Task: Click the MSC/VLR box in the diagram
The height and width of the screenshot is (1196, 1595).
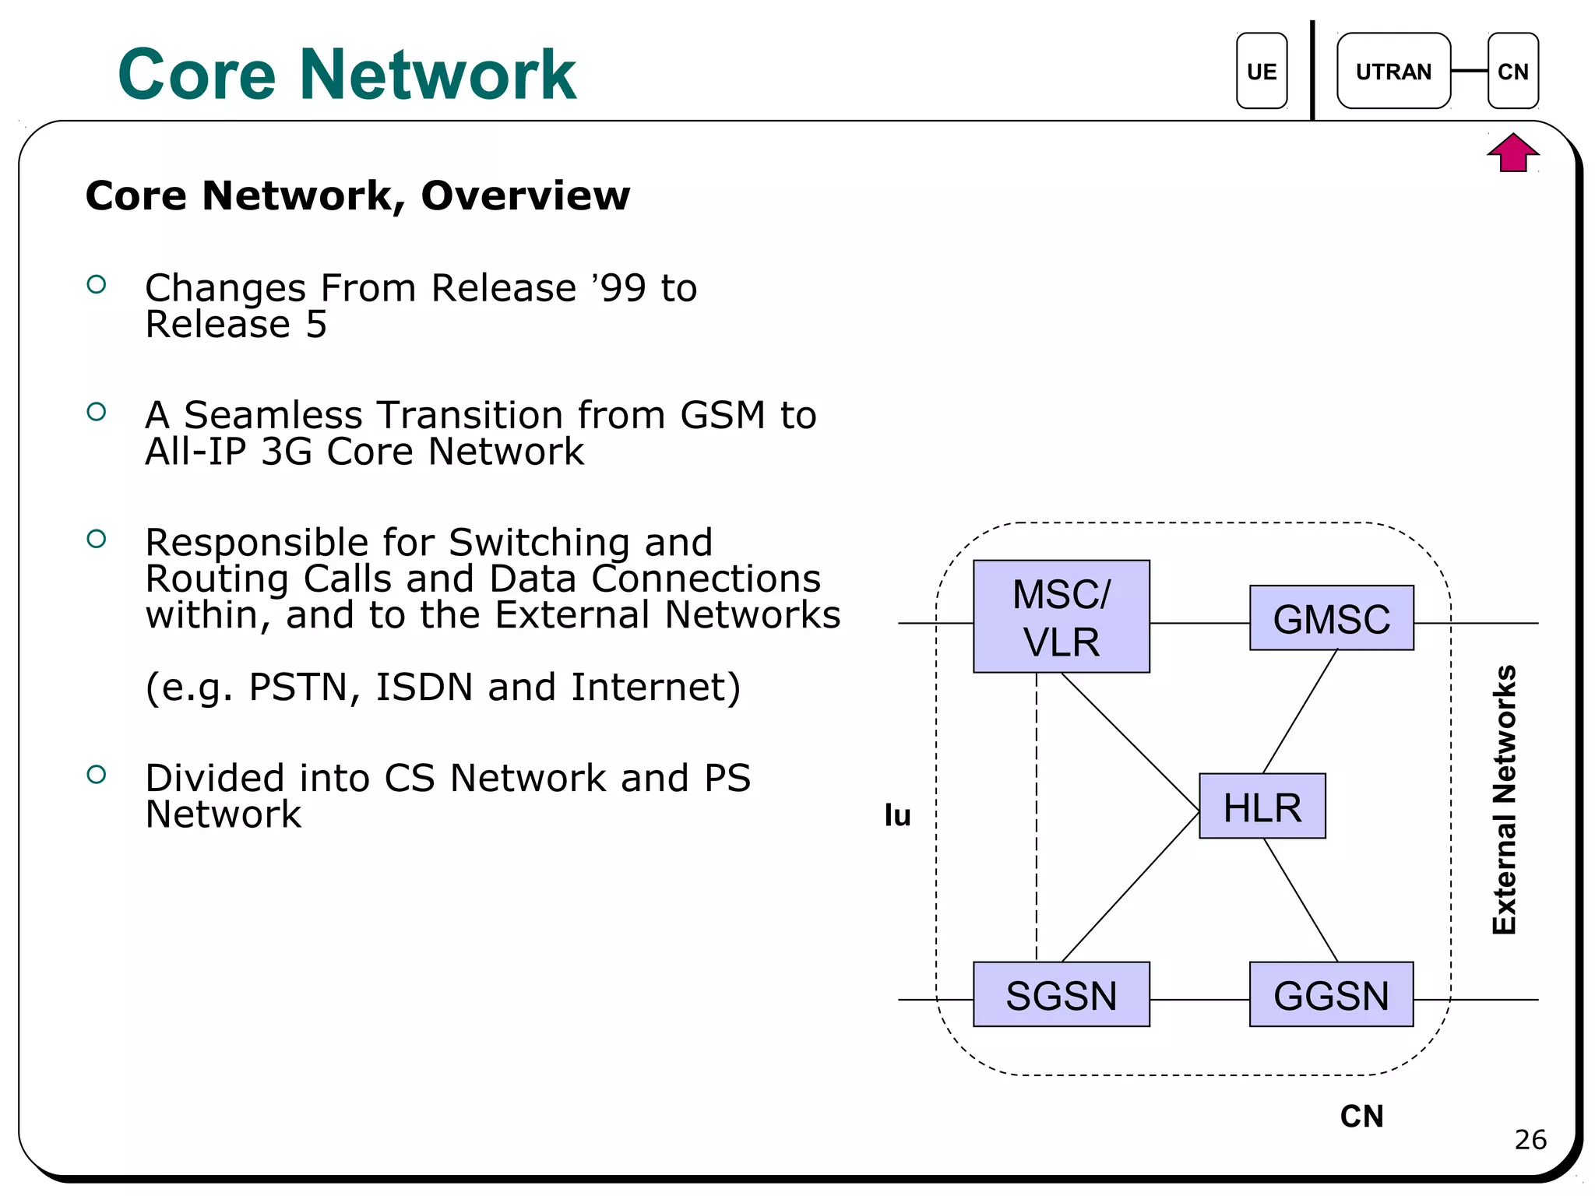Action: (1061, 616)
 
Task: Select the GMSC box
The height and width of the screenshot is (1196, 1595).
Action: (1331, 617)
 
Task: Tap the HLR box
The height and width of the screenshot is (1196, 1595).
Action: (1262, 806)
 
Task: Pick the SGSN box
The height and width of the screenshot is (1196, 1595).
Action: (1061, 994)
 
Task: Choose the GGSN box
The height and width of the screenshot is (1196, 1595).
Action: (1331, 994)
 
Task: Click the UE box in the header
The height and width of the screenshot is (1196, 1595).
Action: (1261, 71)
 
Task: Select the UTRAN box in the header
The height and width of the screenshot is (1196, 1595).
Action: (1393, 71)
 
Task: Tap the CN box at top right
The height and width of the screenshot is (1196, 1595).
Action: (1512, 71)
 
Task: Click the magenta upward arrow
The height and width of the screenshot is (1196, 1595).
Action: (1512, 153)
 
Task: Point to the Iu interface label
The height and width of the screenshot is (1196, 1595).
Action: (897, 815)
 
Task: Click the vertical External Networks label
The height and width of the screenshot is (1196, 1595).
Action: (1504, 800)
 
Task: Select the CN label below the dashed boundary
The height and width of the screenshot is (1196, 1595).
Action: (1361, 1116)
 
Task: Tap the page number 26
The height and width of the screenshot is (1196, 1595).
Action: (1530, 1139)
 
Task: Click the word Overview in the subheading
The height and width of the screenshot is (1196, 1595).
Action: (525, 195)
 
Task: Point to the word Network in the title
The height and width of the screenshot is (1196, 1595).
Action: (438, 75)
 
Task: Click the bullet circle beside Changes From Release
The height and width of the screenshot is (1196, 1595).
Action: (97, 284)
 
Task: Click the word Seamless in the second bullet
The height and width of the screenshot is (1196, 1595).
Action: (273, 415)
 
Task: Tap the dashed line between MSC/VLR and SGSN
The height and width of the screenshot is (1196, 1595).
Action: (1037, 818)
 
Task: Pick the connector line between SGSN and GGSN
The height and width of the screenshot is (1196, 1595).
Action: (1199, 999)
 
